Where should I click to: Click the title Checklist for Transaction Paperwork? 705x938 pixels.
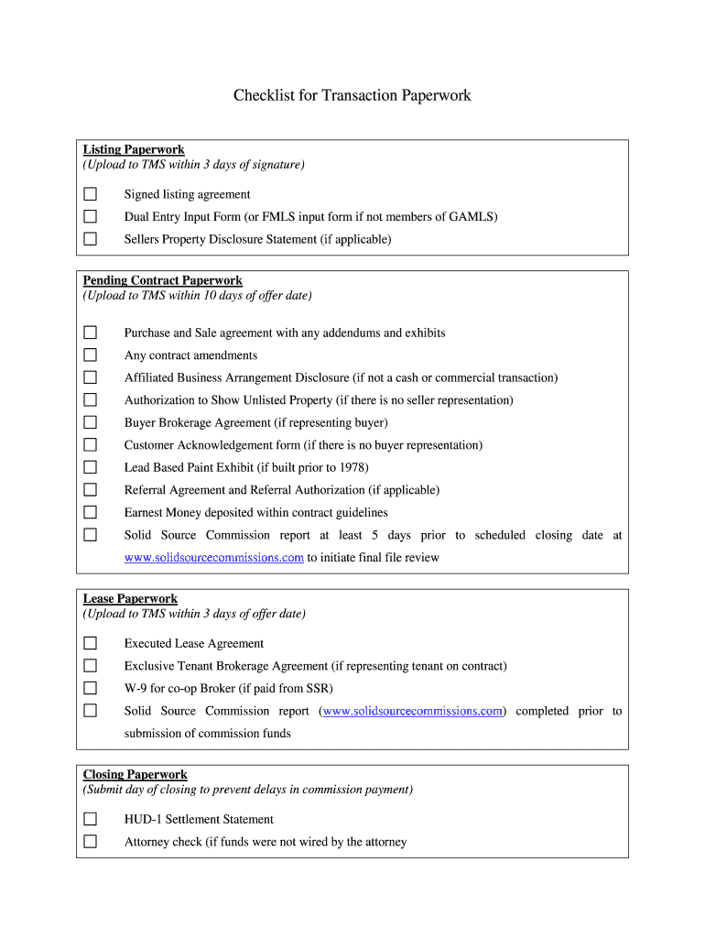(x=352, y=95)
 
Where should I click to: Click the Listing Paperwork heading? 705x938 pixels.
(x=134, y=149)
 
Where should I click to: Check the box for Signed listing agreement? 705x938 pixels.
(x=90, y=194)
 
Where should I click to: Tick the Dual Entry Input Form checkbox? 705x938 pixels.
(x=90, y=217)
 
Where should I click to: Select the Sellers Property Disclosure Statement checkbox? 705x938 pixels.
(x=90, y=239)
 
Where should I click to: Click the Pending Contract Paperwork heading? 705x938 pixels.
(x=162, y=280)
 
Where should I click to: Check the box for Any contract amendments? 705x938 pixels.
(x=90, y=355)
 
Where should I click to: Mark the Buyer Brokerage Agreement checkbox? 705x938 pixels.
(x=90, y=422)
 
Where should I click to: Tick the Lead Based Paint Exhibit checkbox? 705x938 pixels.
(x=90, y=467)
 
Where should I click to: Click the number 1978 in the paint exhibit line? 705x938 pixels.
(x=351, y=467)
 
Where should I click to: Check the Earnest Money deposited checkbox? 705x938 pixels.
(x=90, y=512)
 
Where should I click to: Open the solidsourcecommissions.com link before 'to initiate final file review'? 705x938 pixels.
(x=213, y=558)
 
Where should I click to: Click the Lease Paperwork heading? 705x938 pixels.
(x=130, y=599)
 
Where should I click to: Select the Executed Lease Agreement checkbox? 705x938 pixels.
(x=90, y=643)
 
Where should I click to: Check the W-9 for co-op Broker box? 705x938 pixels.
(x=90, y=688)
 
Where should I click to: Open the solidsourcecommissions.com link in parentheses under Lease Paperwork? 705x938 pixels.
(x=413, y=711)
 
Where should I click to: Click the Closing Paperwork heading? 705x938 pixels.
(x=135, y=774)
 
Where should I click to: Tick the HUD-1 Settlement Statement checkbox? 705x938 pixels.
(x=90, y=819)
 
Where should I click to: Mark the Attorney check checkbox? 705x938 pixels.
(x=90, y=842)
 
